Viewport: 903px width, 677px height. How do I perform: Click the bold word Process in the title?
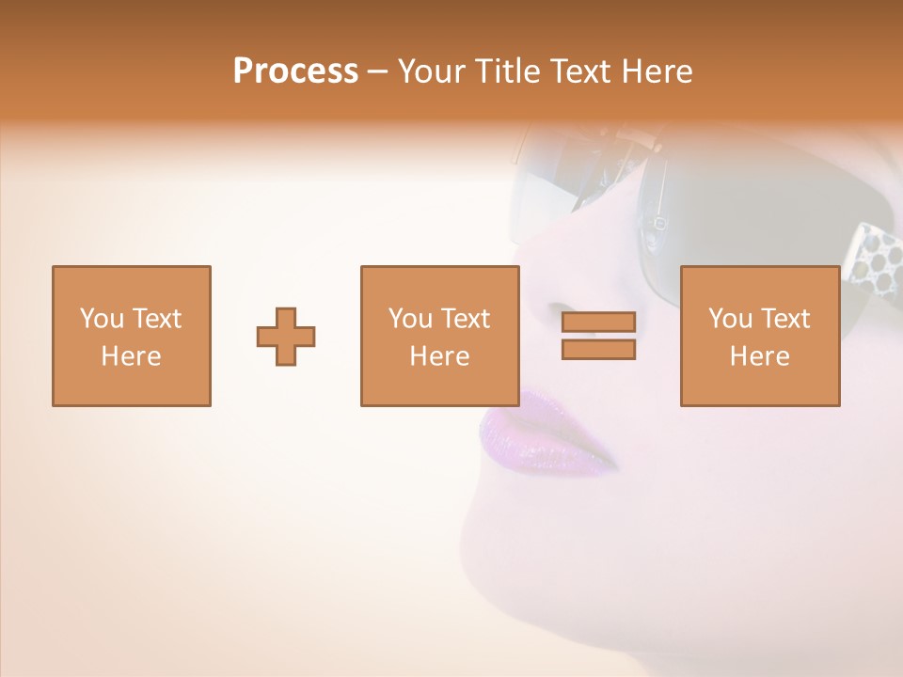point(295,71)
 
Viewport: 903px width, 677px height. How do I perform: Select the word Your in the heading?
point(434,71)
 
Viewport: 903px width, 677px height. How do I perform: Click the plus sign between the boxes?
point(286,336)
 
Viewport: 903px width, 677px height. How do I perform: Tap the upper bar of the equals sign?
point(598,323)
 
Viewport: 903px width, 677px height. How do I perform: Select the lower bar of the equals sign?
point(598,349)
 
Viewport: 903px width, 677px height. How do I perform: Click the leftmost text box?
point(131,336)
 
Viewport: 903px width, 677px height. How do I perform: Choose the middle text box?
point(439,336)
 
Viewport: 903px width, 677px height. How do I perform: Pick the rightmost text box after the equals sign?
point(760,336)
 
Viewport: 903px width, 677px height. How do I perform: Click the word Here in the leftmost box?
point(131,356)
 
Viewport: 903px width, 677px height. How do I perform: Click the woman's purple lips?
point(536,434)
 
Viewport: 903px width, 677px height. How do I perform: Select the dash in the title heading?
point(377,71)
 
